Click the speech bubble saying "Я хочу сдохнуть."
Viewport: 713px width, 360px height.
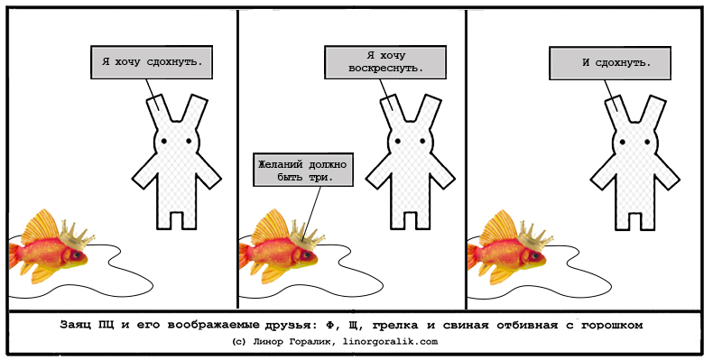coord(152,62)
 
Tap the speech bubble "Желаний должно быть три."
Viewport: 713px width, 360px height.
coord(303,170)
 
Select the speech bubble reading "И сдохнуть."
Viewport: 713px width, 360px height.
coord(610,63)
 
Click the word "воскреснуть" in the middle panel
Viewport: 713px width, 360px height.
coord(385,69)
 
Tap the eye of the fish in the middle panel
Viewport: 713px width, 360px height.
coord(309,255)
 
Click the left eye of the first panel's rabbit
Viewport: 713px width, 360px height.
coord(163,142)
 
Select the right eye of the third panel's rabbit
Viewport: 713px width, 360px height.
coord(647,142)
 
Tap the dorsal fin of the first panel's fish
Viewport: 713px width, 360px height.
coord(42,226)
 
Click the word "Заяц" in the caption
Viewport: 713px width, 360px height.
coord(74,325)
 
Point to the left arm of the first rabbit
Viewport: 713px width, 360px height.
coord(144,171)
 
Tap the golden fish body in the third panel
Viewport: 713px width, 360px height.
coord(505,257)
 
